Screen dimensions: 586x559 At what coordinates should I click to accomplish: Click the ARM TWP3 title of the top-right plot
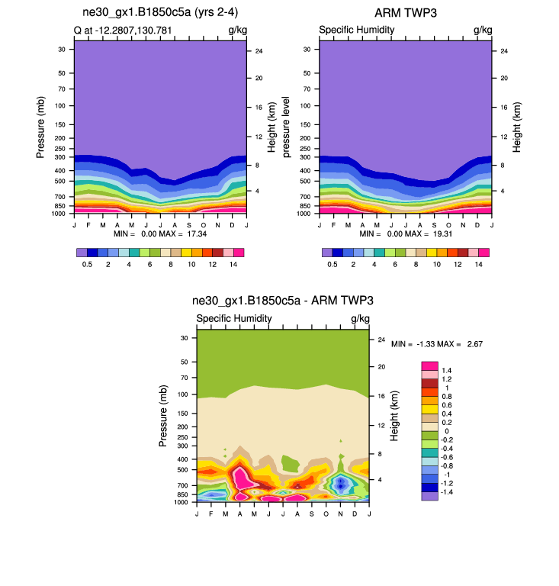pos(405,13)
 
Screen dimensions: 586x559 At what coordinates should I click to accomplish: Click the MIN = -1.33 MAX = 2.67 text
pos(437,344)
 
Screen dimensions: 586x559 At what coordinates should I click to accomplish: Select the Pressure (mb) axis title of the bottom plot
pos(163,416)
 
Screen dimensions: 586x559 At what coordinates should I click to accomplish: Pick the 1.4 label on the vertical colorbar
pos(447,370)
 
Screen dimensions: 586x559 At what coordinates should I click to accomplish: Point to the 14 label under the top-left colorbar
pos(233,263)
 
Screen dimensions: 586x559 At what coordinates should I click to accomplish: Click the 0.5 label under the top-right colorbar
pos(332,263)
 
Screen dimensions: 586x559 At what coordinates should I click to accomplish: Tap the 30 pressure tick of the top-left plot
pos(60,49)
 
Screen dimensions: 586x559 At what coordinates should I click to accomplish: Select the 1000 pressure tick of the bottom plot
pos(180,502)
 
